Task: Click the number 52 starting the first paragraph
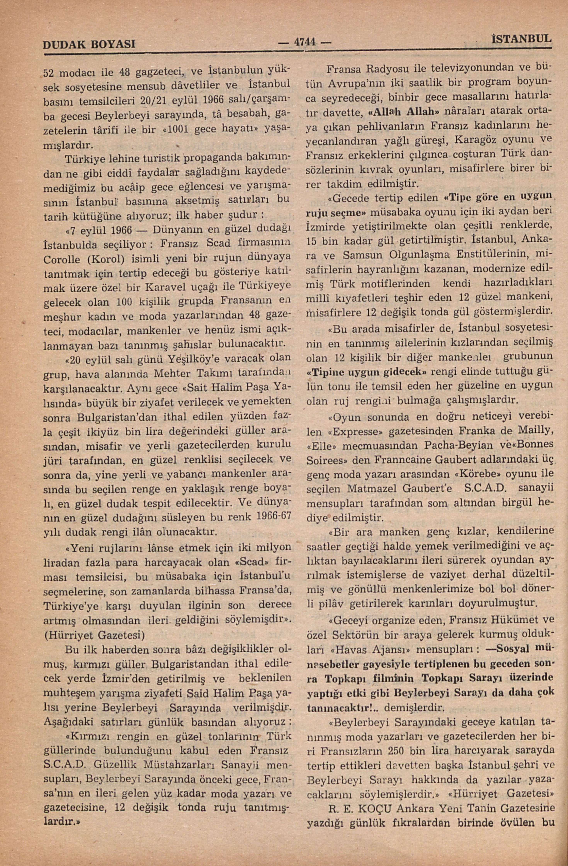49,73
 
